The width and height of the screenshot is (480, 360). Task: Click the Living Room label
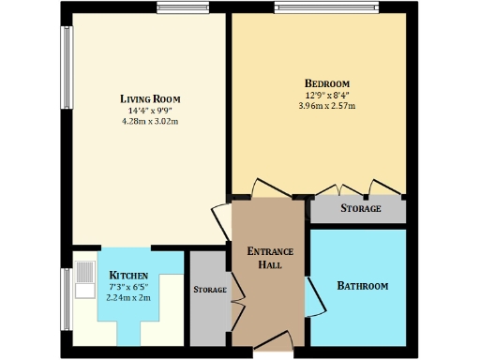tap(150, 98)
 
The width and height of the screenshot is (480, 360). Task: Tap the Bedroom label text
tap(326, 82)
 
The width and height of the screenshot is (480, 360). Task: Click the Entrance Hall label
tap(270, 258)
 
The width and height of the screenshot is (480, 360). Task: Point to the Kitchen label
tap(128, 276)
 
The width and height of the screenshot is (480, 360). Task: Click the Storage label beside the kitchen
tap(210, 290)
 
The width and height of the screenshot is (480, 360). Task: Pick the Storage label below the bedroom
tap(361, 208)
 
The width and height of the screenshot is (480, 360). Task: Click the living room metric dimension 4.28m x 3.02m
tap(150, 121)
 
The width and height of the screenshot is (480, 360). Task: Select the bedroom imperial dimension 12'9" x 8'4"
tap(326, 94)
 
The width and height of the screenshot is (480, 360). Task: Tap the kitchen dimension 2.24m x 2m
tap(129, 297)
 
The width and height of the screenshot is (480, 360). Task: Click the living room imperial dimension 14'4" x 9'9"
tap(150, 111)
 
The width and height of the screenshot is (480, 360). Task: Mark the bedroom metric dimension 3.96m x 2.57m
tap(326, 105)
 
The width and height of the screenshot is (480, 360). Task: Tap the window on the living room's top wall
tap(183, 8)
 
